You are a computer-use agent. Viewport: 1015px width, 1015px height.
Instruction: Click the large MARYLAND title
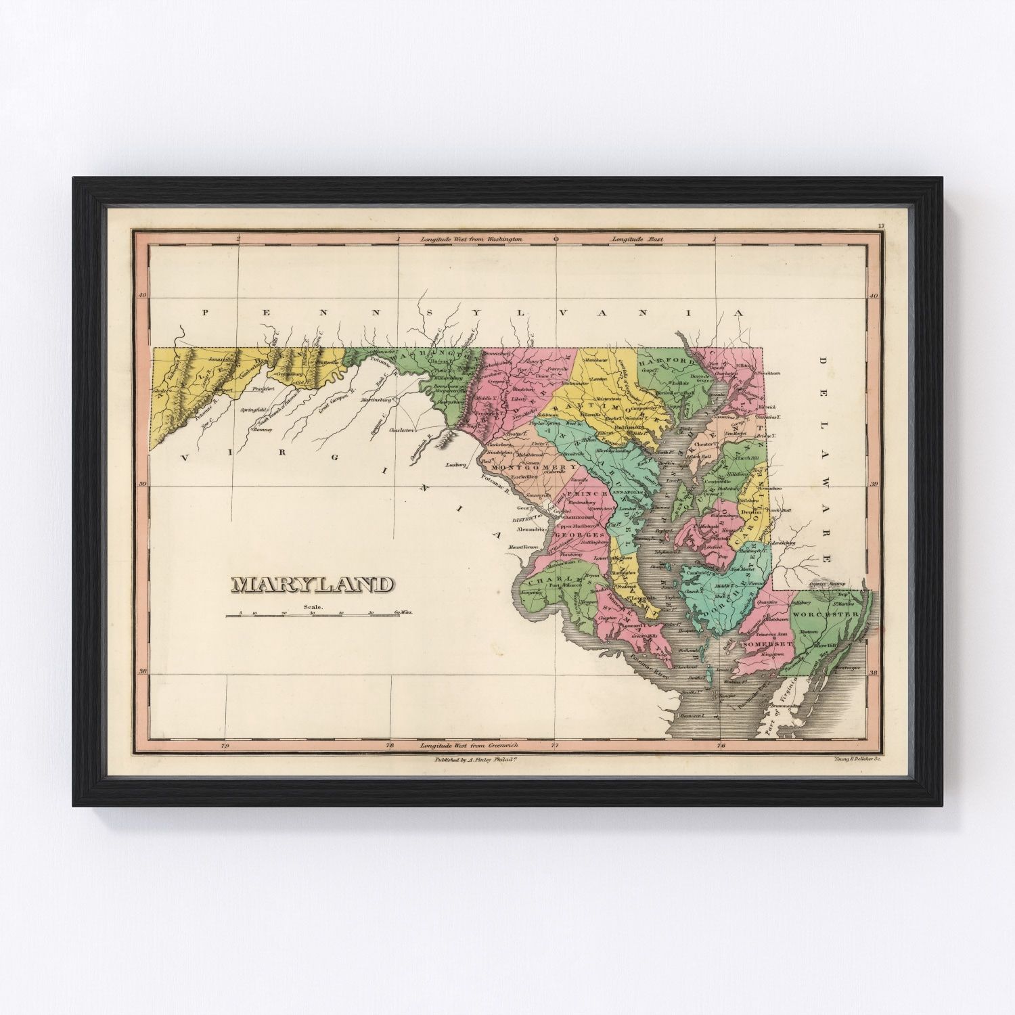pyautogui.click(x=312, y=584)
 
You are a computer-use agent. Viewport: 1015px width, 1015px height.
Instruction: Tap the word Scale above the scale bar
pyautogui.click(x=314, y=606)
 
